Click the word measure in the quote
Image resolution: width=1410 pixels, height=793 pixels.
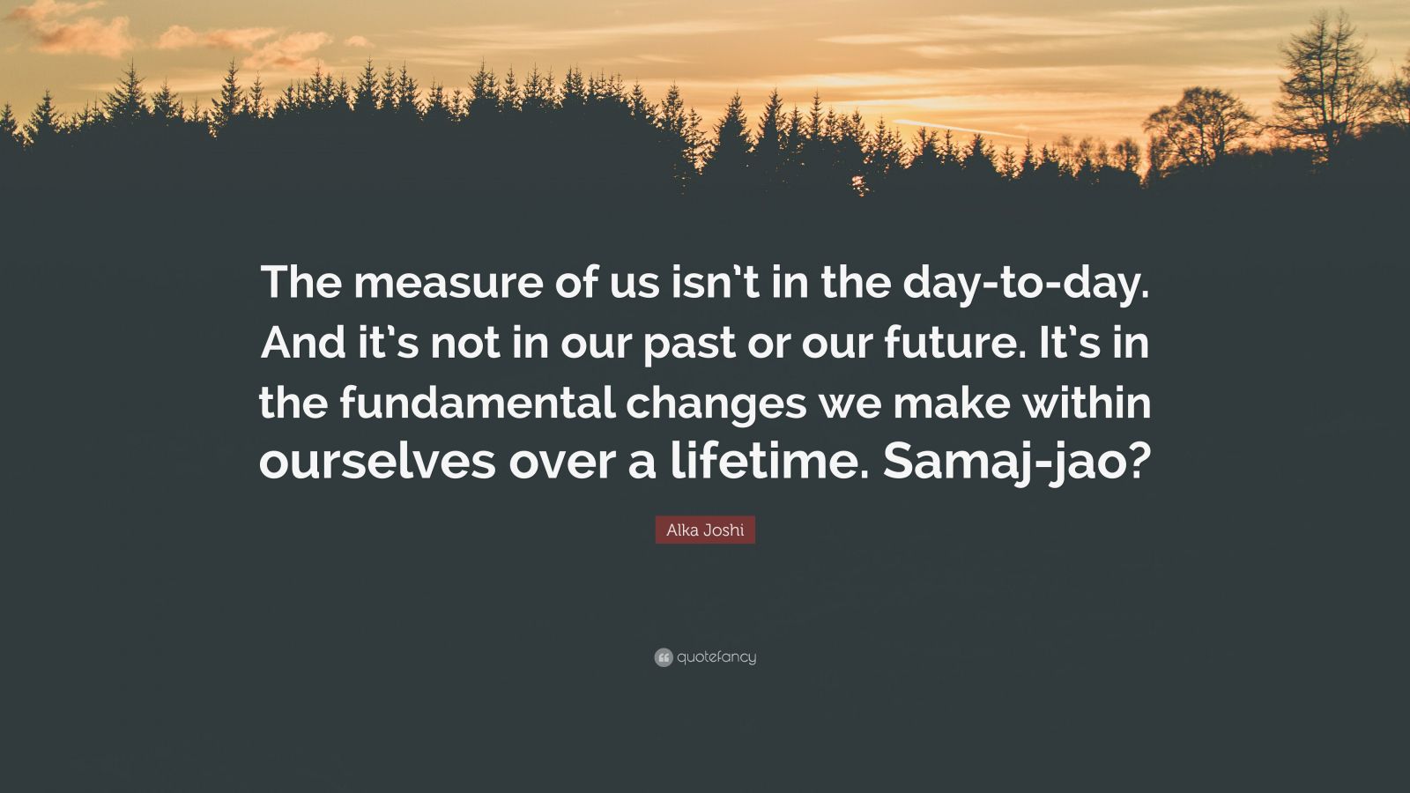[449, 283]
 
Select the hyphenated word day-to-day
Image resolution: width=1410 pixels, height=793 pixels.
[1026, 284]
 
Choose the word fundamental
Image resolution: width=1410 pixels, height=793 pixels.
[478, 402]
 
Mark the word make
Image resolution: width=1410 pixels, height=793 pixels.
[952, 402]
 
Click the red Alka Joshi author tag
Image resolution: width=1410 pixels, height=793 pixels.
[705, 530]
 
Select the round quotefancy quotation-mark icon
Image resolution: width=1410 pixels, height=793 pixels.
[664, 657]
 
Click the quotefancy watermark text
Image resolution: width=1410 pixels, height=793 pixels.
[717, 657]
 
